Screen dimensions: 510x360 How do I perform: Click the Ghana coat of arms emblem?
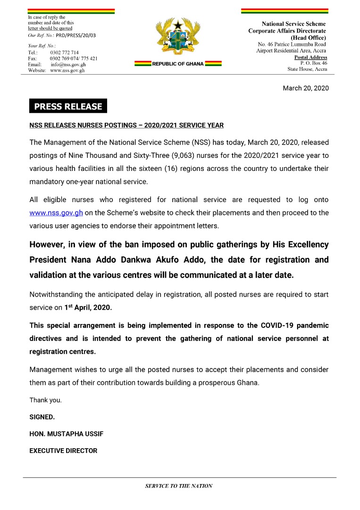pos(178,38)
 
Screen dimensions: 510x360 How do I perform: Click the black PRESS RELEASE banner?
pos(68,106)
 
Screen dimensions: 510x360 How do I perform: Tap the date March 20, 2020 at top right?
pos(305,88)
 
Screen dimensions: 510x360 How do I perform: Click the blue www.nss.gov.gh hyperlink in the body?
pos(56,212)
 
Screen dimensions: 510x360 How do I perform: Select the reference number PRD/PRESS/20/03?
pos(75,35)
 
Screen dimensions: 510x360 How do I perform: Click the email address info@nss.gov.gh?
pos(68,64)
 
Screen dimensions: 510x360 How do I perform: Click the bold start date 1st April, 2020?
pos(88,307)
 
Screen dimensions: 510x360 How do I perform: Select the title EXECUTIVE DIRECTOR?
pos(63,451)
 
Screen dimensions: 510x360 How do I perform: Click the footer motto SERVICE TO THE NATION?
pos(179,486)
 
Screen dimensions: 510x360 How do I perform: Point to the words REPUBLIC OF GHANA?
pos(178,64)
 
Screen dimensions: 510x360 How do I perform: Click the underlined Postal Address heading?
pos(310,57)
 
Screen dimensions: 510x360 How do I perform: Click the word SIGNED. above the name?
pos(42,417)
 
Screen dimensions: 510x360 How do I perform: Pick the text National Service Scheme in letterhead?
pos(293,24)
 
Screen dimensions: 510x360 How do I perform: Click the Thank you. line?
pos(45,400)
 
